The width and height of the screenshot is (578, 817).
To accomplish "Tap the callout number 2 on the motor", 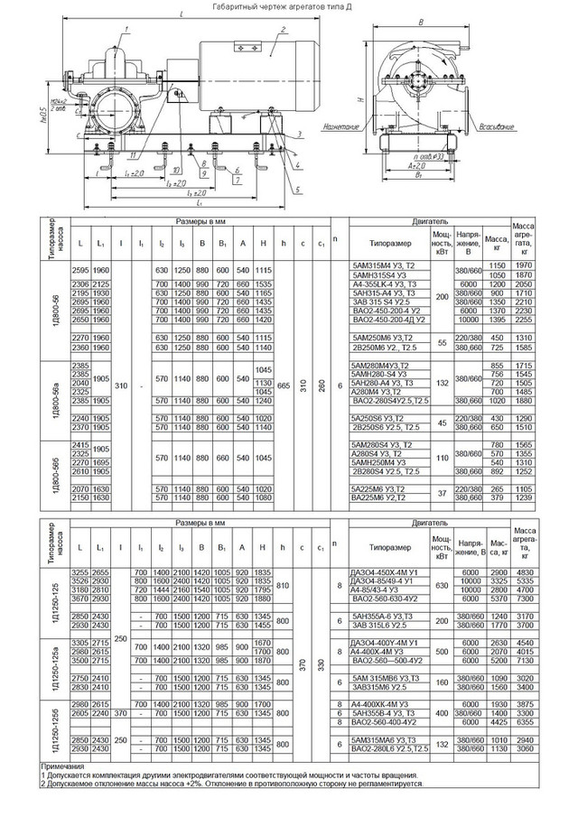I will [x=283, y=30].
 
